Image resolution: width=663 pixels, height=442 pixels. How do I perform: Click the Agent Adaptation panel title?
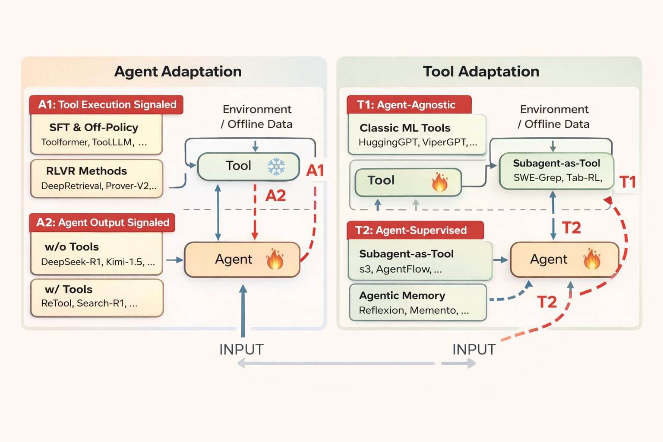178,71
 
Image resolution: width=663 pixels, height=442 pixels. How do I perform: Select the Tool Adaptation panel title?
481,71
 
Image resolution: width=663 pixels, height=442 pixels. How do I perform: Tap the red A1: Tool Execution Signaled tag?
107,105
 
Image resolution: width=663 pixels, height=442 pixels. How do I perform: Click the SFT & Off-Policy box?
96,134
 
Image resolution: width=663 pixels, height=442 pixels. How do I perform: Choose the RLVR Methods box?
96,178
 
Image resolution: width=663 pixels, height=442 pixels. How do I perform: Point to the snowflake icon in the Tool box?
276,166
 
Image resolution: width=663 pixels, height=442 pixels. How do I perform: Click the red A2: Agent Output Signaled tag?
103,223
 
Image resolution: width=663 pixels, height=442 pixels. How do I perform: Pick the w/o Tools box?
96,254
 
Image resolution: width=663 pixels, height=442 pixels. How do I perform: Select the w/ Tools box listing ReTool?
97,297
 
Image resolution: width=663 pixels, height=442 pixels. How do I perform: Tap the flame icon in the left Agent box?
275,259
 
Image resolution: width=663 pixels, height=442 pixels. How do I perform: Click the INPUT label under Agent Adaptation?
241,350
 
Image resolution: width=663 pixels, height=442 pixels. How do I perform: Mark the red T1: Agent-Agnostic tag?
409,105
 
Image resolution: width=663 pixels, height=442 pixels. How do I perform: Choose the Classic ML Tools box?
417,134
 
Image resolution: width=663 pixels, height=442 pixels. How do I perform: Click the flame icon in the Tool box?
439,182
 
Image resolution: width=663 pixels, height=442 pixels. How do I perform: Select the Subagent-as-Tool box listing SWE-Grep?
556,170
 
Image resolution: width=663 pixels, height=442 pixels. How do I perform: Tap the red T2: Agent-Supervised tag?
415,230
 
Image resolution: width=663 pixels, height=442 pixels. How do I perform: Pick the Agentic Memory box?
417,303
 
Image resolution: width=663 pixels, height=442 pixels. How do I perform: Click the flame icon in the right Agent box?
591,259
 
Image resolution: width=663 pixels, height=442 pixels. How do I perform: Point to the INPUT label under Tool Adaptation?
474,350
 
